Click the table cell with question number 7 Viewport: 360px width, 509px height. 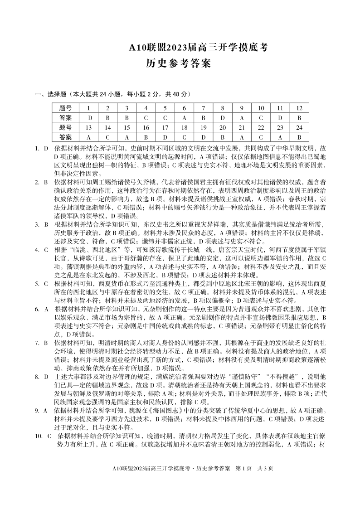coord(204,108)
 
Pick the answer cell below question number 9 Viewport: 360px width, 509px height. coord(242,118)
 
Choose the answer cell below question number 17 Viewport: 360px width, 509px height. coord(165,137)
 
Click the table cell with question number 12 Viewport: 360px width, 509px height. coord(299,108)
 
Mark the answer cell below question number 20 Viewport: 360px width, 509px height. coord(223,137)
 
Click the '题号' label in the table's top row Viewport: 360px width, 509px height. coord(66,108)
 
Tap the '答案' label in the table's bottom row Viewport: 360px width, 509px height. coord(66,137)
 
